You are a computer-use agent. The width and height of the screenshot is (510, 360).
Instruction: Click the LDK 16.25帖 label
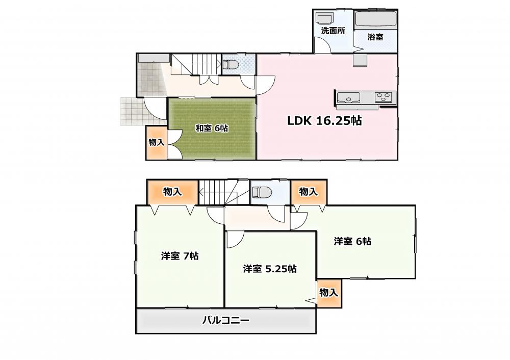324,121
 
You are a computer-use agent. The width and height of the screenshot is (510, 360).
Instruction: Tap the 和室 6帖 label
212,128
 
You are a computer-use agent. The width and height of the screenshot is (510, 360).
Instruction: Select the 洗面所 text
333,31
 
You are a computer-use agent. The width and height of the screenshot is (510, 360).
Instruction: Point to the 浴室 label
375,37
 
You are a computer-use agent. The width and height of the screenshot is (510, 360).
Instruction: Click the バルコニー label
226,320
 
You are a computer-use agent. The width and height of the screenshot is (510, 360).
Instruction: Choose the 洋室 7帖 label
180,256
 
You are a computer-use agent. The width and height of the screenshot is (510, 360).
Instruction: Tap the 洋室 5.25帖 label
270,269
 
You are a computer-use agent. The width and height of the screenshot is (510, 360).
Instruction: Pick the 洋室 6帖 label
352,241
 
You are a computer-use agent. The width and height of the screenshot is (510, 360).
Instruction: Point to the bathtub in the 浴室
376,19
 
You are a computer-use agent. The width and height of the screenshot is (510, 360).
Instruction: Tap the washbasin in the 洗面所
324,18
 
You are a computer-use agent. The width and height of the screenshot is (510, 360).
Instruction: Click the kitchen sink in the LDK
348,97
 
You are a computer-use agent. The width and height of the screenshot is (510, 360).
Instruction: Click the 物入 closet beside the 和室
157,143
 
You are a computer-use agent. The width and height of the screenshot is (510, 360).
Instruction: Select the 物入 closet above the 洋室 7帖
172,192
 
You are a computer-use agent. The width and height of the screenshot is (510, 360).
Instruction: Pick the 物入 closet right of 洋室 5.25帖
328,293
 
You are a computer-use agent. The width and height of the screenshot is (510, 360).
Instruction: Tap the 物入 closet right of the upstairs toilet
309,192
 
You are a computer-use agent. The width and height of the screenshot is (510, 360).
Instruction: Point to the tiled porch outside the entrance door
133,111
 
